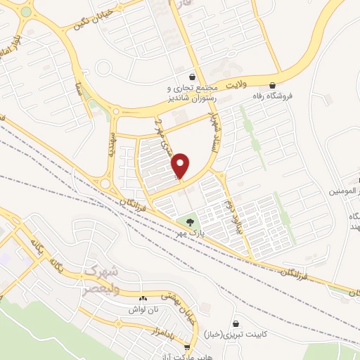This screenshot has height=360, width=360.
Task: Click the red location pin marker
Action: coord(181,164)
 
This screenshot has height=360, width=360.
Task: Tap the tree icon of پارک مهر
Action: coord(191,223)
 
